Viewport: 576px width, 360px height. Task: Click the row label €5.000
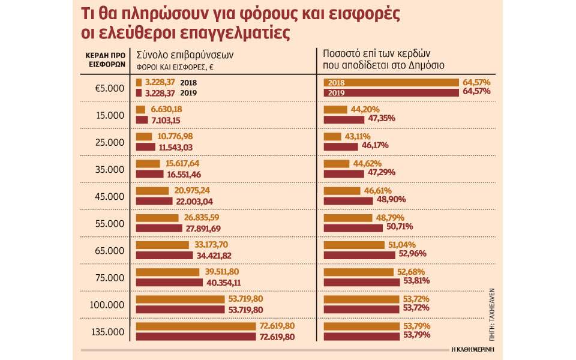click(x=109, y=88)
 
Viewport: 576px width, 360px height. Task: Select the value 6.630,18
click(x=166, y=109)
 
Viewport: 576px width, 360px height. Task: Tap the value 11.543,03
click(x=176, y=148)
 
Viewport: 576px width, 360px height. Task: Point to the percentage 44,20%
click(x=365, y=109)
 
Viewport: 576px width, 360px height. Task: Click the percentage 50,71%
click(x=400, y=227)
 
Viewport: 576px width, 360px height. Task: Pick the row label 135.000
click(x=107, y=332)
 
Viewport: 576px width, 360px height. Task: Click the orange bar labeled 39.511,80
click(x=167, y=272)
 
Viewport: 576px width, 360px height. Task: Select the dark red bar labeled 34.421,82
click(x=164, y=256)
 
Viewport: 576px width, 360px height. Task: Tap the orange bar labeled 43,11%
click(x=332, y=137)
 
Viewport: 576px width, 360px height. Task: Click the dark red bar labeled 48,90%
click(x=348, y=201)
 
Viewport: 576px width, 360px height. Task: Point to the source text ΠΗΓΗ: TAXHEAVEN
click(x=492, y=314)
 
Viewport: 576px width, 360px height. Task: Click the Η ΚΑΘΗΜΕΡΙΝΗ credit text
click(x=473, y=349)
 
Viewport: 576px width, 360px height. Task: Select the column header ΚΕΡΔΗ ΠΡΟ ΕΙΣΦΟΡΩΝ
click(x=106, y=60)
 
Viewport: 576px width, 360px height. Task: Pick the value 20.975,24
click(x=192, y=191)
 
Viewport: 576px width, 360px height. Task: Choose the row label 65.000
click(x=109, y=251)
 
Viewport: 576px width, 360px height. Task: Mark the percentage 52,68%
click(x=411, y=272)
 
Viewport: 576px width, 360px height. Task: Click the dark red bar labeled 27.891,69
click(x=159, y=228)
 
